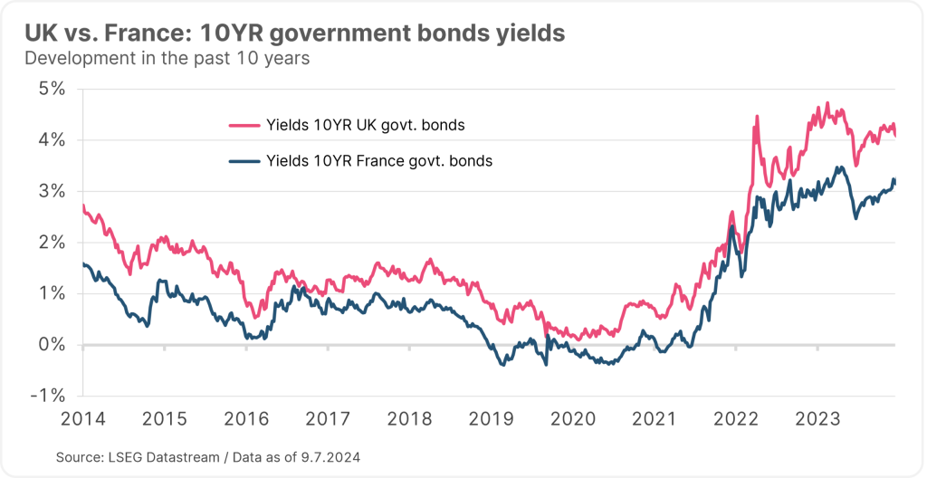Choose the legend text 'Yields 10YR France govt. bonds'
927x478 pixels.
tap(379, 162)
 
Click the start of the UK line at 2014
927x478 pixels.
tap(82, 207)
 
